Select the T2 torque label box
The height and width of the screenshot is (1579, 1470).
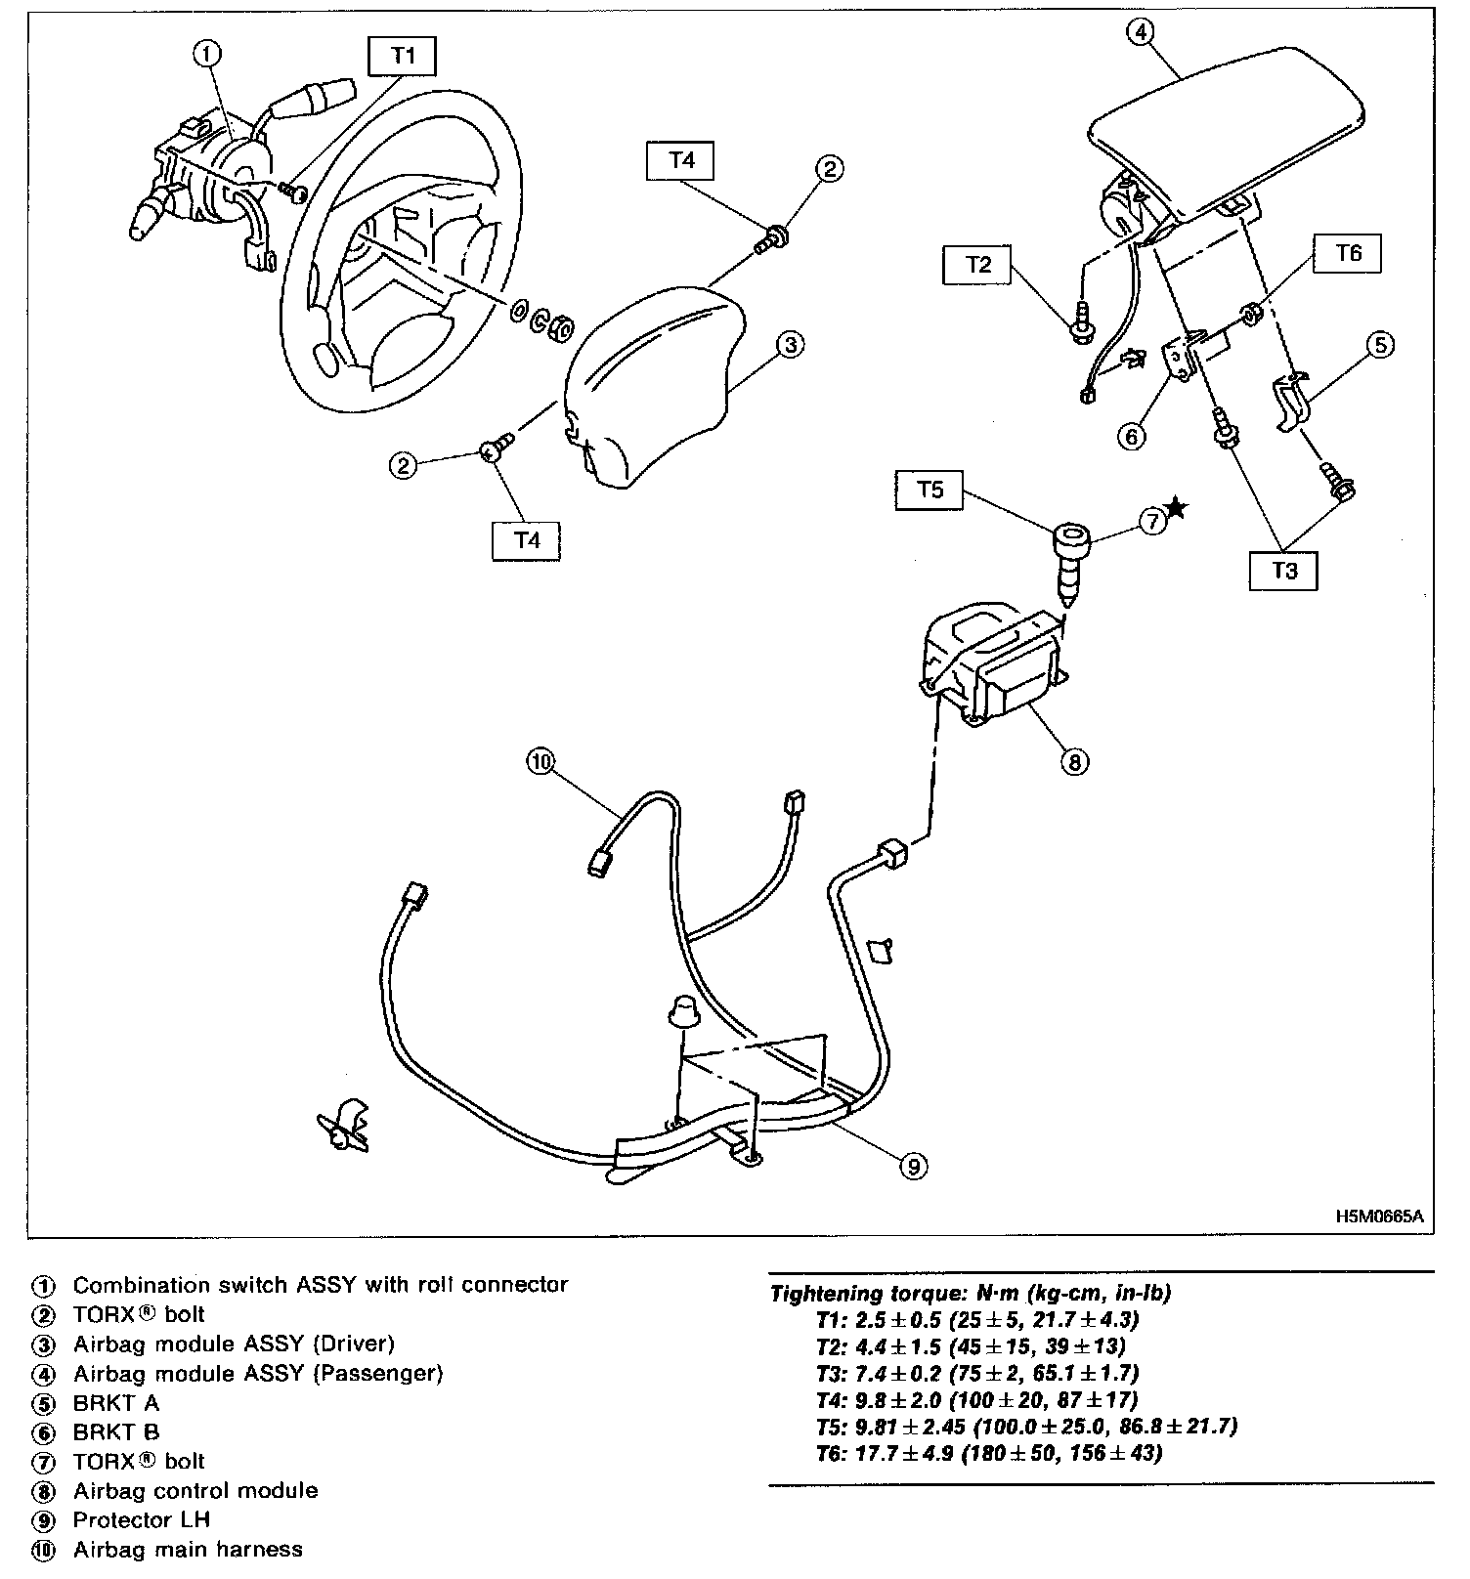click(x=978, y=265)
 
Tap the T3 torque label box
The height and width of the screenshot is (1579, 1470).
click(x=1283, y=571)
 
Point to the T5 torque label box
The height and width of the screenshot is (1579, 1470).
click(x=930, y=491)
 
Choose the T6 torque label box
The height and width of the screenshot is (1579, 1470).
click(x=1349, y=254)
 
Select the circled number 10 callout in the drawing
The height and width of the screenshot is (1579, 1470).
click(x=540, y=761)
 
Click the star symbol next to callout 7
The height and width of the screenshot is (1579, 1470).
click(x=1178, y=508)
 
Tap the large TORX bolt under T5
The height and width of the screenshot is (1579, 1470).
click(x=1070, y=557)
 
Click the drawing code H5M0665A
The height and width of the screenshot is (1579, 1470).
click(x=1379, y=1216)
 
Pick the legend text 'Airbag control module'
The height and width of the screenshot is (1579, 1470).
click(x=195, y=1491)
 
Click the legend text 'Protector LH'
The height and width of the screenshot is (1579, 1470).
click(x=142, y=1520)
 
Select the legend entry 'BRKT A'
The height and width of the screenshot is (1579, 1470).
click(x=115, y=1403)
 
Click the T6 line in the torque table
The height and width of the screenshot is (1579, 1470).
click(x=987, y=1453)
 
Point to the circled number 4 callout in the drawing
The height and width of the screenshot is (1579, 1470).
click(x=1140, y=31)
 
